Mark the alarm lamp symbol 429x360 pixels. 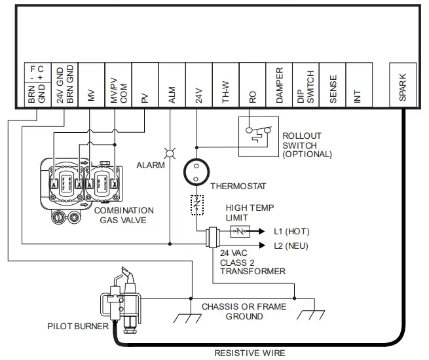[x=170, y=154]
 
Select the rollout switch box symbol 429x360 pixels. [x=258, y=136]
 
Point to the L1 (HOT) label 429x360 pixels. [x=291, y=232]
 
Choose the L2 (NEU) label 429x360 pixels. [x=291, y=246]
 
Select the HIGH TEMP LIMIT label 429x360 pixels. [x=250, y=212]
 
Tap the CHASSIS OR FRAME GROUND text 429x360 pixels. [x=235, y=312]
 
